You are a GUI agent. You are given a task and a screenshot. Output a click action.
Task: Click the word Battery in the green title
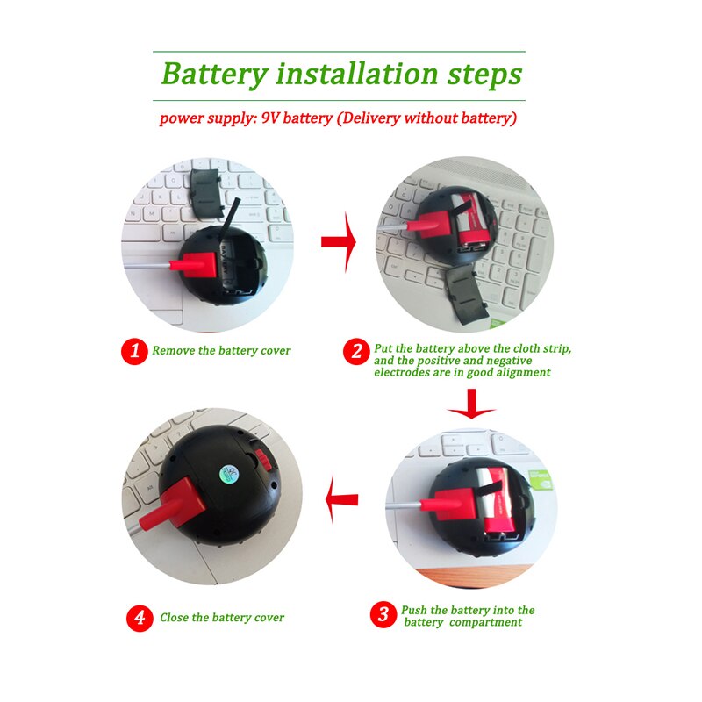pos(214,75)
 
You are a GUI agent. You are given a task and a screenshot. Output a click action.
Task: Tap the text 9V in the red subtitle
pos(270,118)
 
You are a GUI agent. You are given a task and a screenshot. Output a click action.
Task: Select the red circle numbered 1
pos(134,351)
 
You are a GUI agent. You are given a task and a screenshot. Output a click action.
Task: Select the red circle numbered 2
pos(356,351)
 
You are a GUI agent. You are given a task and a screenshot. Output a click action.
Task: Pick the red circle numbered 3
pos(383,614)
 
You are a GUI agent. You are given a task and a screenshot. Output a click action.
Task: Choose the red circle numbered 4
pos(140,618)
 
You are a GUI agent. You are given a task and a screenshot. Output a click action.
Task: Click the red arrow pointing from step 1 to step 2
pos(339,242)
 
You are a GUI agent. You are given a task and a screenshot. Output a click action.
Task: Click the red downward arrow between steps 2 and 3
pos(471,404)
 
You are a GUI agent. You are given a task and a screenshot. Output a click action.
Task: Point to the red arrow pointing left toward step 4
pos(341,499)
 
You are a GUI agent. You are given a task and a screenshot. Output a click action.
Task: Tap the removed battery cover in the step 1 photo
pos(206,193)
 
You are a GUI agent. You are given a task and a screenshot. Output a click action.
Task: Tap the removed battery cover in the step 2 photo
pos(464,294)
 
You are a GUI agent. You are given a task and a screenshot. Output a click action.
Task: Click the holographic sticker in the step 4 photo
pos(230,473)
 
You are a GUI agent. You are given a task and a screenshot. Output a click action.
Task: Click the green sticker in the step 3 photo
pos(541,479)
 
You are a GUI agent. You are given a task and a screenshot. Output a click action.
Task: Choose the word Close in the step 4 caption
pos(174,618)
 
